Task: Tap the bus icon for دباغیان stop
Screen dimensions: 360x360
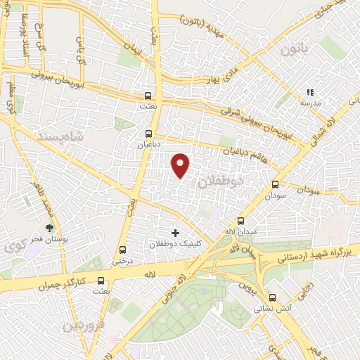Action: click(x=148, y=133)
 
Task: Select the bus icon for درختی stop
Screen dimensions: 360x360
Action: click(x=122, y=250)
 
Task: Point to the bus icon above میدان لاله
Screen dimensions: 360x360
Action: click(x=241, y=220)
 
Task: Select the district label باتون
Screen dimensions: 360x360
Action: click(x=293, y=49)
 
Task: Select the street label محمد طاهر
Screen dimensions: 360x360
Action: click(x=41, y=198)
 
